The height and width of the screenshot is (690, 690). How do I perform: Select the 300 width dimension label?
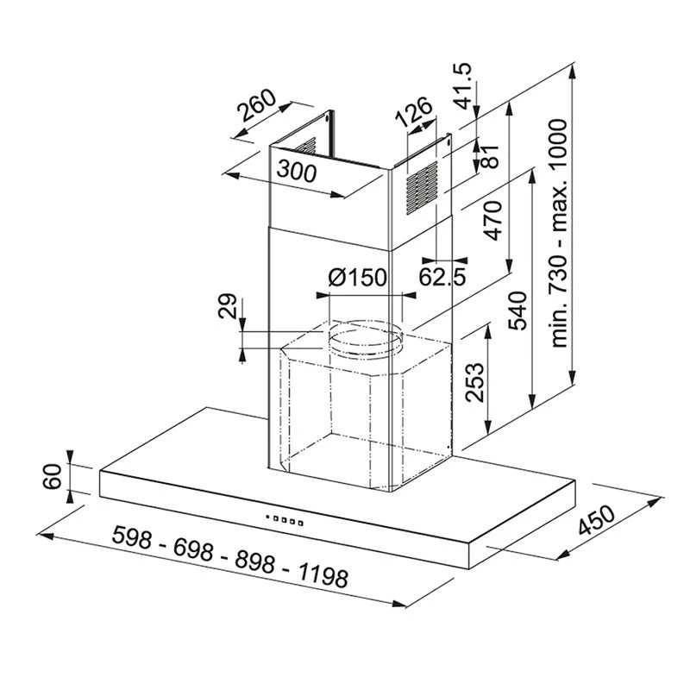coord(296,171)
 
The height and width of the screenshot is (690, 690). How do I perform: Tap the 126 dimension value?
coord(413,114)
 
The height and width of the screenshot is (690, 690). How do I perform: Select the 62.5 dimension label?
coord(442,277)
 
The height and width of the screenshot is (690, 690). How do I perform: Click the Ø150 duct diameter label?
coord(357,278)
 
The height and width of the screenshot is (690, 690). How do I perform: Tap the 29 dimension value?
coord(227,307)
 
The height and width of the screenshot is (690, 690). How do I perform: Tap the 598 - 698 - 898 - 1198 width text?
coord(229,561)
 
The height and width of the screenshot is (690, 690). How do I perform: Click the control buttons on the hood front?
coord(285,520)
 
